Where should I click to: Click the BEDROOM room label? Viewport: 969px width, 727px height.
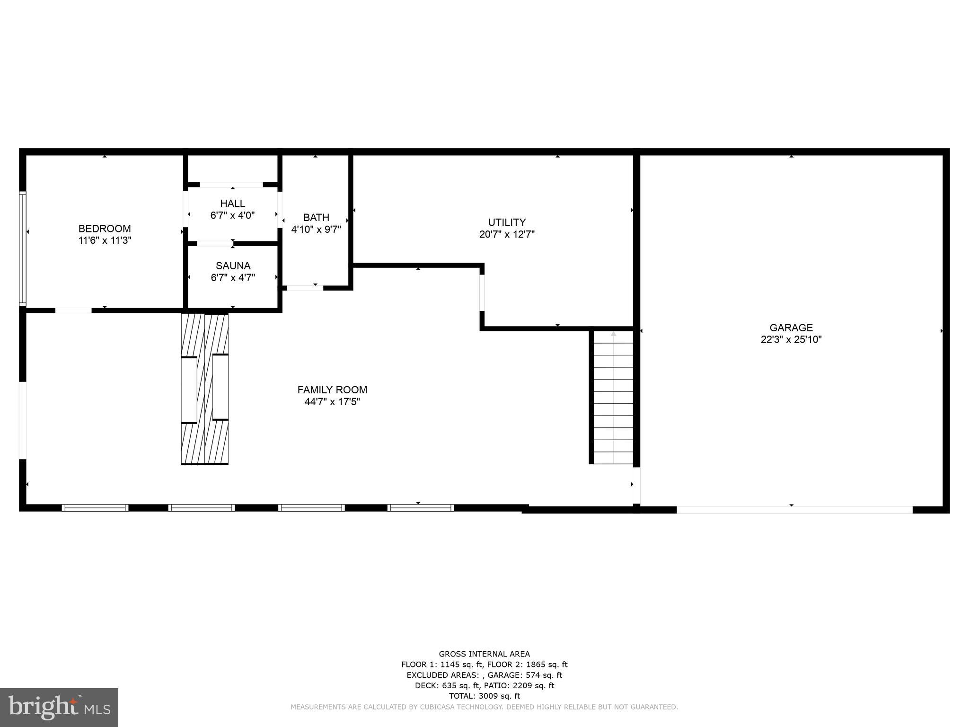(x=105, y=229)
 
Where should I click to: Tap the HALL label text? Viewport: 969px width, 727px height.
(x=232, y=204)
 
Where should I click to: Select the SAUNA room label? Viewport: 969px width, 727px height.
(x=233, y=266)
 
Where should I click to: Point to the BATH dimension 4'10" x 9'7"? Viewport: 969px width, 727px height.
(x=316, y=230)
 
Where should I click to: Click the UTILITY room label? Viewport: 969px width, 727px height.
(x=507, y=222)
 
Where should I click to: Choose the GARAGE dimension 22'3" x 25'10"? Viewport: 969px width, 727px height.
(x=791, y=339)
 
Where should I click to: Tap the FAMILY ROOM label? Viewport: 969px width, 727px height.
(x=332, y=390)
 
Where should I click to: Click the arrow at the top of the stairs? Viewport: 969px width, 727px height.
(x=614, y=334)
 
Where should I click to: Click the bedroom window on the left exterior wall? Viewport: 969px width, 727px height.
(x=22, y=248)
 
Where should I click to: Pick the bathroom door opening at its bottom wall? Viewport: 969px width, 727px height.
(x=305, y=287)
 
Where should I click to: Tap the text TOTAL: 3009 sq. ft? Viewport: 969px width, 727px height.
(x=484, y=696)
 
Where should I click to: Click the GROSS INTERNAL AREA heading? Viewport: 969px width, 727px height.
(x=484, y=654)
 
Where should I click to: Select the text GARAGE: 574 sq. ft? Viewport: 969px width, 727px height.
(x=525, y=675)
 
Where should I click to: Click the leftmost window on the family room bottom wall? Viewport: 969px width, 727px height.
(x=95, y=507)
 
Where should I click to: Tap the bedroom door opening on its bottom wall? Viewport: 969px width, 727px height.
(x=73, y=310)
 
